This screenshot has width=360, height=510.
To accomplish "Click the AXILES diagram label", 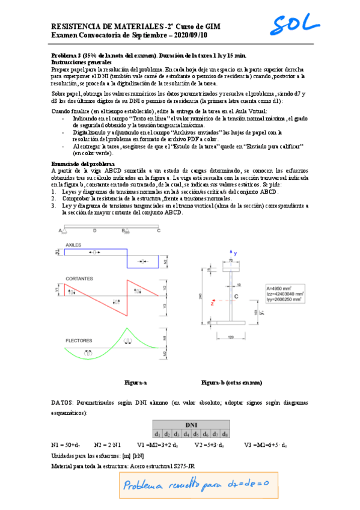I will (x=73, y=245).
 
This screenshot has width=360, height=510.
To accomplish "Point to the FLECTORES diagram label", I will (x=78, y=340).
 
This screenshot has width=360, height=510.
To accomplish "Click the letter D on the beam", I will (x=94, y=230).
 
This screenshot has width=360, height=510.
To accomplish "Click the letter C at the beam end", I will (x=159, y=230).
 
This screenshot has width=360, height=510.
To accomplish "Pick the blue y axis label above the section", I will (x=236, y=253).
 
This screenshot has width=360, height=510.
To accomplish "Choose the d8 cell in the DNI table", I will (x=225, y=433).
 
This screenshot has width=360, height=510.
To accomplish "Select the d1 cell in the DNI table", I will (x=157, y=433).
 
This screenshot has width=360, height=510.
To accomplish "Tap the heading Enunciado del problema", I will (x=82, y=164).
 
